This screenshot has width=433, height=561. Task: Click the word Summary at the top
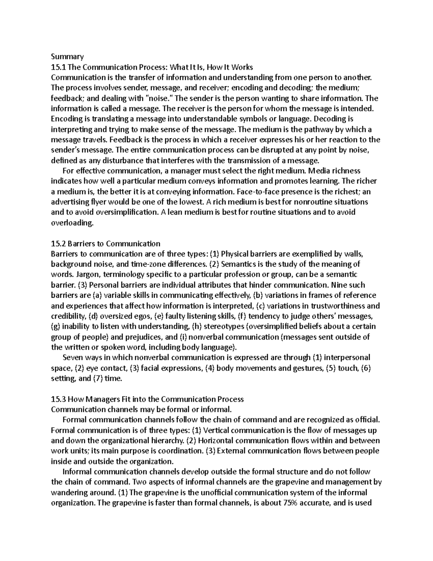[67, 56]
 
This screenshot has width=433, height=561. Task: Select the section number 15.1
[58, 67]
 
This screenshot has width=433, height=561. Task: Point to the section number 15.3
[58, 399]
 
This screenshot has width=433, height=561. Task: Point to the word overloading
[72, 223]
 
